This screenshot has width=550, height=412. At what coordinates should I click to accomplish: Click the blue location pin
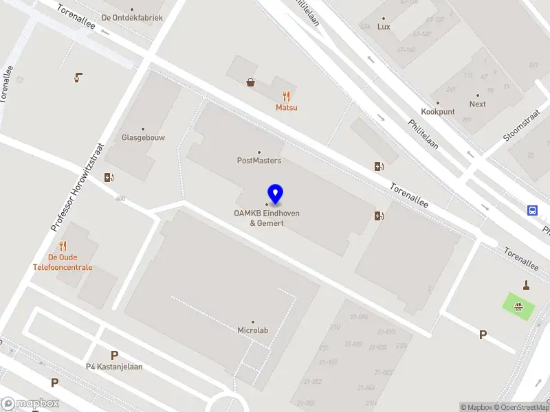click(x=275, y=194)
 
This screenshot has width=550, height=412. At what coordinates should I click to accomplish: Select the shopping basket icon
click(x=251, y=82)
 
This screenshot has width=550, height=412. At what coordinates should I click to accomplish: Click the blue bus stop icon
click(x=532, y=210)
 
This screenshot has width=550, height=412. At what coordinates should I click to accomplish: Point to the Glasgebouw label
click(x=143, y=137)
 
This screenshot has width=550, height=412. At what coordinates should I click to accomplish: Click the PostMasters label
click(x=259, y=161)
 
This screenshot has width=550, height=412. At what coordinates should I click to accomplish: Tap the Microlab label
click(x=252, y=330)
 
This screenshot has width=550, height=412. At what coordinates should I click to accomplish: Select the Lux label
click(x=384, y=27)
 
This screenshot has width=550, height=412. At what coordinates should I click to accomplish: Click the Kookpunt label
click(x=437, y=111)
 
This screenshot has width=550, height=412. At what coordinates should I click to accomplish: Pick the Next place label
click(x=477, y=104)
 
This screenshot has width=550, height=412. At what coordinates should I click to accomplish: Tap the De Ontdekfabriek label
click(x=132, y=18)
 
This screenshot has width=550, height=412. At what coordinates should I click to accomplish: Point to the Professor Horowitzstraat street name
click(x=77, y=187)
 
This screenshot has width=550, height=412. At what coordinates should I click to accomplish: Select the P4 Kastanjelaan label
click(x=114, y=367)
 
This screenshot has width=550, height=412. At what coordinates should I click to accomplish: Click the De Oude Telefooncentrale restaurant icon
click(x=63, y=246)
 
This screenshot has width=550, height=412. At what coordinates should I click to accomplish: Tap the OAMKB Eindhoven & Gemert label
click(x=267, y=218)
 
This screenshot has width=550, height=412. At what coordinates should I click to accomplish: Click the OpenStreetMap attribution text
click(x=522, y=408)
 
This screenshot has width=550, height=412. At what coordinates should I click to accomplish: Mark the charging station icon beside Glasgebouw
click(x=109, y=178)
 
